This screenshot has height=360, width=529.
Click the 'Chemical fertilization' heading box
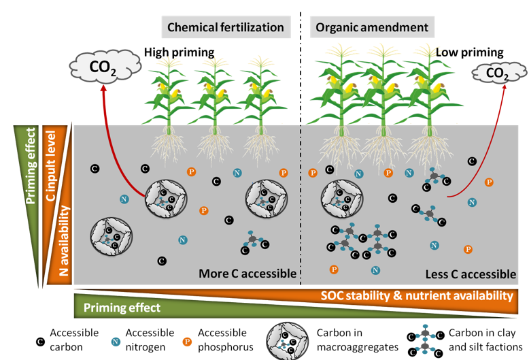click(x=225, y=27)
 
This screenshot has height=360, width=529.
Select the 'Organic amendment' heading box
click(x=371, y=27)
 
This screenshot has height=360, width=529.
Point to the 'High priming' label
click(x=179, y=52)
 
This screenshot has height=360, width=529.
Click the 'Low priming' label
click(x=469, y=52)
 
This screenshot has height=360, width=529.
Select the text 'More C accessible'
click(x=248, y=274)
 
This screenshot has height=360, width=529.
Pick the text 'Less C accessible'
click(x=471, y=274)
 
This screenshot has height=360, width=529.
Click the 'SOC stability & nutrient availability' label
click(x=416, y=296)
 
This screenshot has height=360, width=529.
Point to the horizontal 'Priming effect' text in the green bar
click(x=122, y=308)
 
